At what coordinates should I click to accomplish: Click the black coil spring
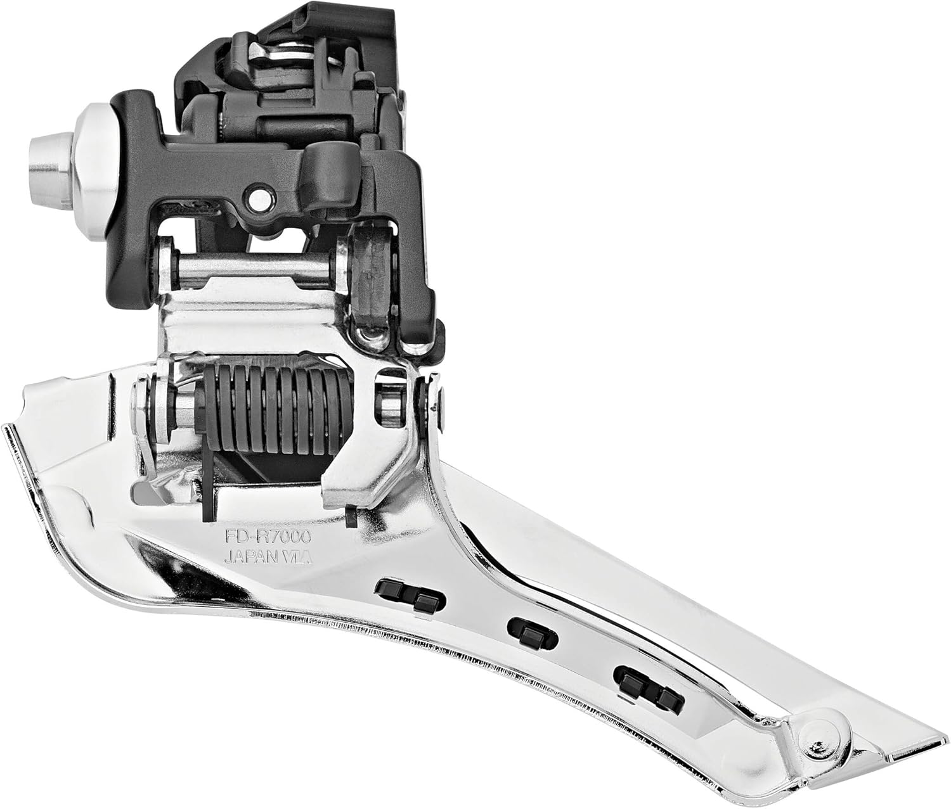273,409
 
